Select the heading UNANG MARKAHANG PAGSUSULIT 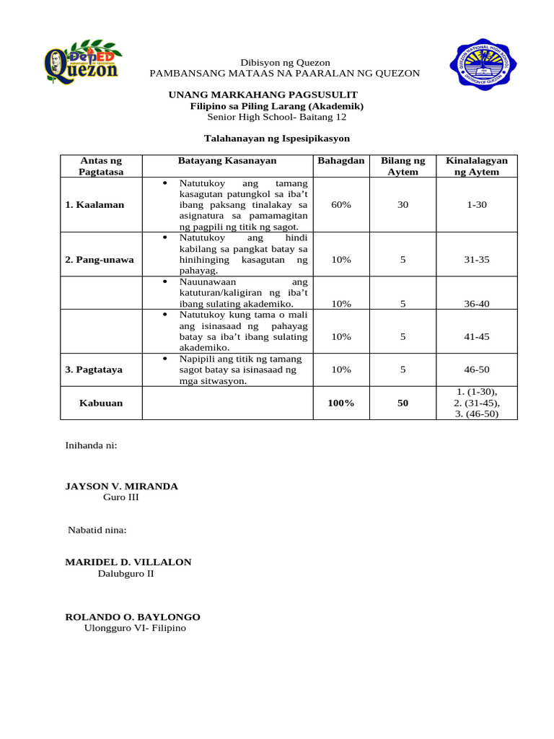coord(263,95)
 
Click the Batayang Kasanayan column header coord(227,160)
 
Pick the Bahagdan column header coord(340,160)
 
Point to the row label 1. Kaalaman coord(94,205)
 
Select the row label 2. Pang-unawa coord(100,260)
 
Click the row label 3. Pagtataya coord(94,369)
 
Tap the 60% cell coord(340,205)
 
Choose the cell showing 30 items coord(403,205)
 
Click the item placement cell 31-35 coord(477,260)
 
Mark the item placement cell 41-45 coord(477,336)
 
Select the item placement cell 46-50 coord(477,369)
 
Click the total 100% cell coord(340,403)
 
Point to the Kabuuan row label coord(101,403)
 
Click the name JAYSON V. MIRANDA coord(121,486)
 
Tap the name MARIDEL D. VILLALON coord(128,562)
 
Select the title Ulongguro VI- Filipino coord(135,629)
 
